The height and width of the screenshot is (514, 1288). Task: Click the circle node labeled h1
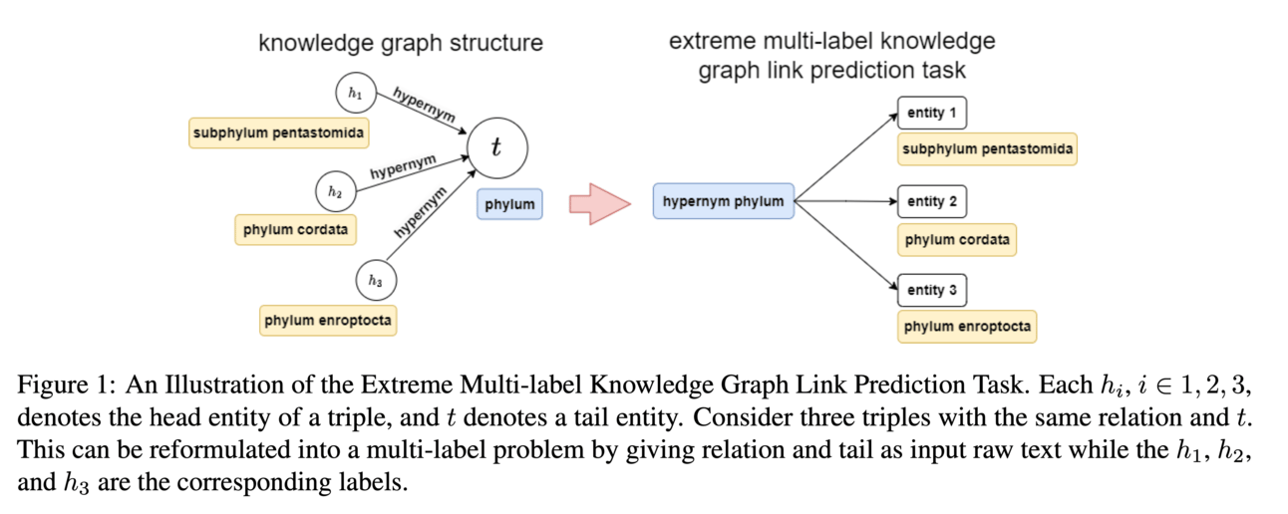(x=355, y=93)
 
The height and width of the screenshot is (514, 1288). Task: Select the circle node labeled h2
(x=335, y=189)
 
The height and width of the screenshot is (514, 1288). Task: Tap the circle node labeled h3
(x=375, y=281)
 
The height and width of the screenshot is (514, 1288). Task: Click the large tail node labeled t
(x=495, y=147)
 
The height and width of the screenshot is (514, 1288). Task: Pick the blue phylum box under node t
(x=509, y=204)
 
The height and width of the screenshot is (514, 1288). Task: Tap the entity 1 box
(x=931, y=113)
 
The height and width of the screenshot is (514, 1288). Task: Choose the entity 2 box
(x=931, y=201)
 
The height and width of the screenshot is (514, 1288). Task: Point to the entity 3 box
(x=931, y=290)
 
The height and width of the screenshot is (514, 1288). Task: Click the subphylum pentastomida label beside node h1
(x=278, y=132)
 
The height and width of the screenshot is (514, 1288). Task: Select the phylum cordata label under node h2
(x=295, y=229)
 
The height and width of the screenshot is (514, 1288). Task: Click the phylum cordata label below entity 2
(x=957, y=240)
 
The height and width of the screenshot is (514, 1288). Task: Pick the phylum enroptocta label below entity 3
(x=967, y=327)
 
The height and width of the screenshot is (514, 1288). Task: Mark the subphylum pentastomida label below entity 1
(x=987, y=150)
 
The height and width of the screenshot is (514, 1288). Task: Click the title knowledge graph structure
(x=401, y=43)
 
